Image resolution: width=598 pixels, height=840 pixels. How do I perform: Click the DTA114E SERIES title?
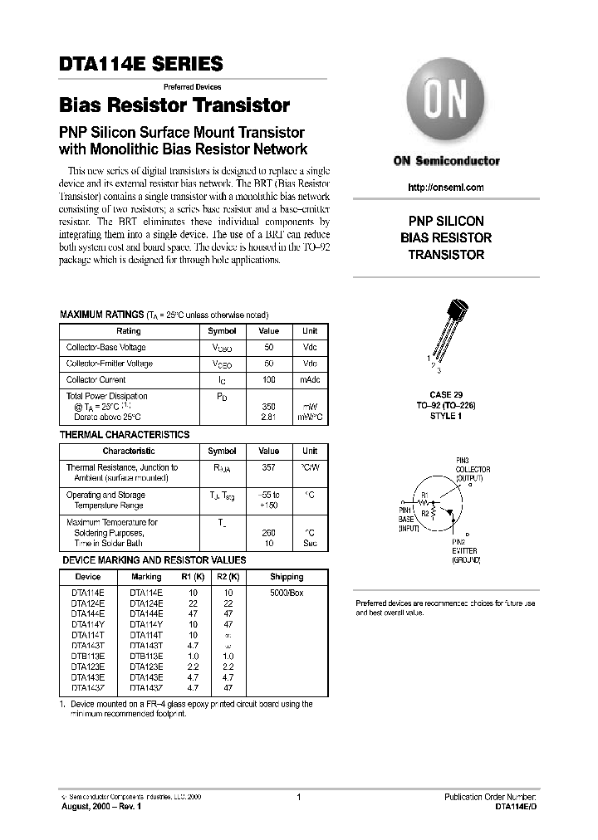pos(140,64)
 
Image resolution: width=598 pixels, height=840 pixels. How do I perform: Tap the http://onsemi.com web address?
pos(446,188)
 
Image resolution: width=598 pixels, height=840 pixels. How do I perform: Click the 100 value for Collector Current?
pos(268,379)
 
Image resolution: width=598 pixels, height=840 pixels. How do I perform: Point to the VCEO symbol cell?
pos(222,364)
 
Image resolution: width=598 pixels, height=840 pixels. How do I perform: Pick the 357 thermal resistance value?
pos(268,467)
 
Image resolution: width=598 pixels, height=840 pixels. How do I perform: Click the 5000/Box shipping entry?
pos(287,593)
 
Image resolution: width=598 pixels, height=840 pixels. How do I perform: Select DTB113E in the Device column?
pos(87,655)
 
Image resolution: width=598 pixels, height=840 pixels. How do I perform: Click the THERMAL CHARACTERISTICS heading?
pos(125,434)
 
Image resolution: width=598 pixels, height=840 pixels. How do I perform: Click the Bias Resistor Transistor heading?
pos(174,106)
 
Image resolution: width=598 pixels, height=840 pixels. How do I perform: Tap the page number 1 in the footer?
pos(298,797)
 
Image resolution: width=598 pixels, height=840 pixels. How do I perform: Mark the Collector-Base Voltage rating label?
pos(105,347)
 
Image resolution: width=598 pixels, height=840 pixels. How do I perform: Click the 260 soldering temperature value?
pos(268,532)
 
